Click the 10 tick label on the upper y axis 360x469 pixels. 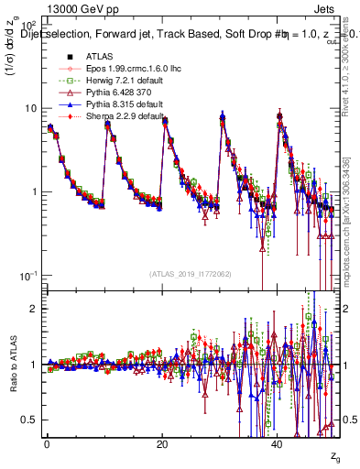[31, 108]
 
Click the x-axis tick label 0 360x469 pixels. [48, 443]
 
